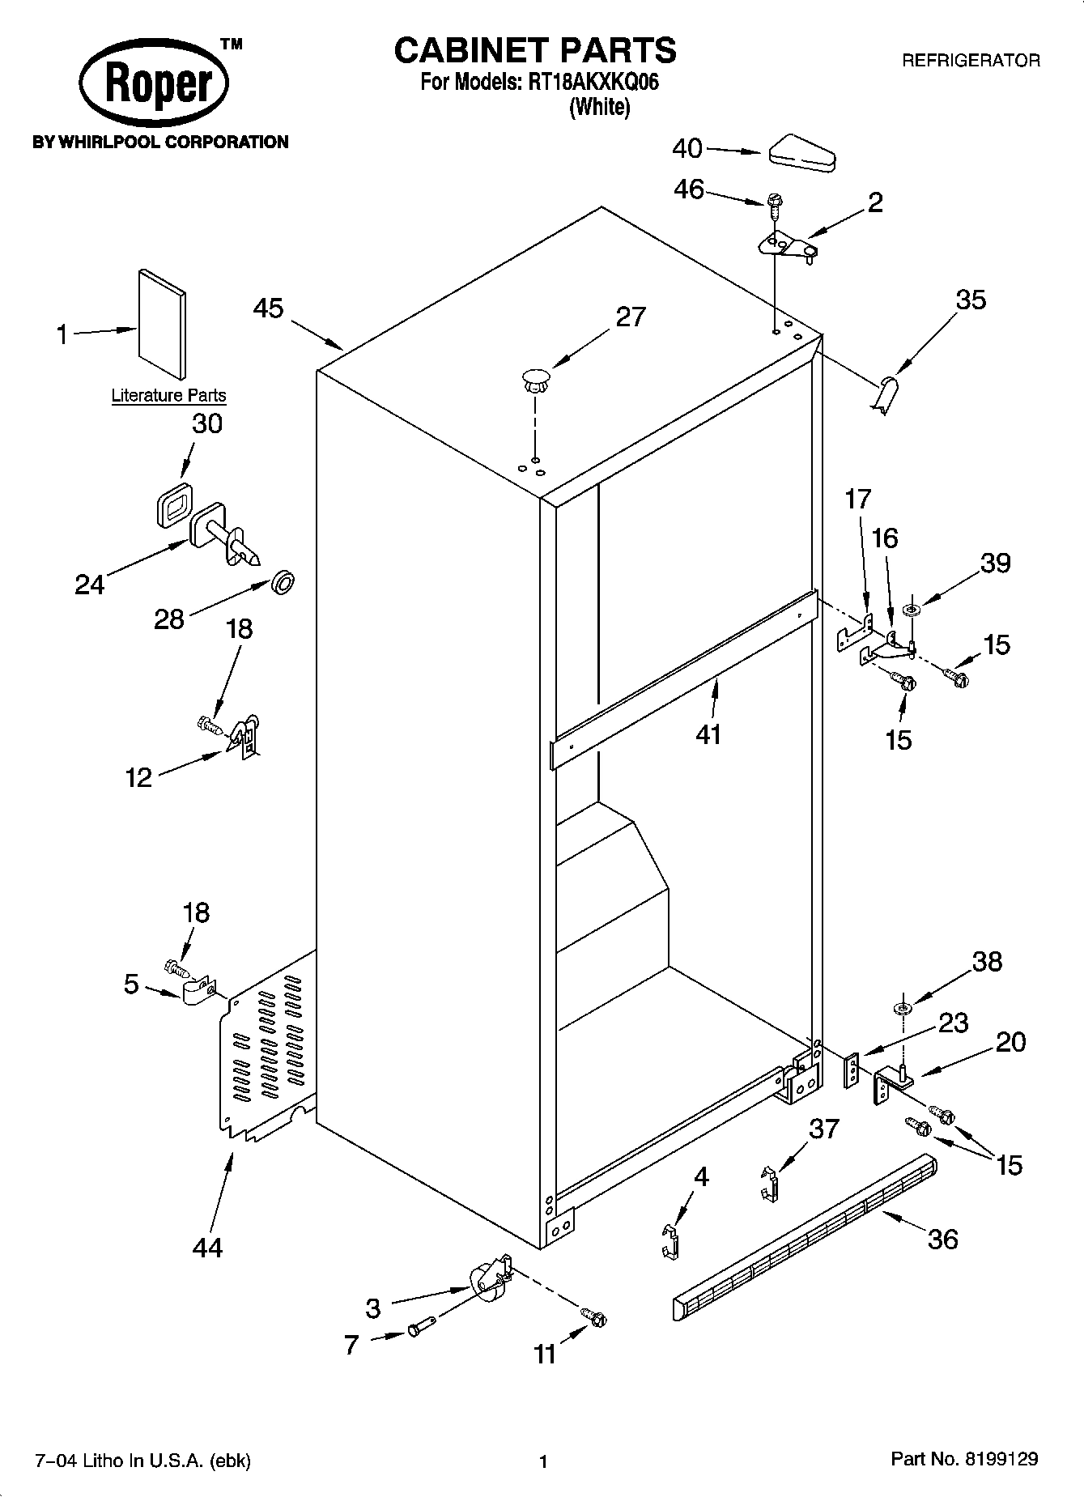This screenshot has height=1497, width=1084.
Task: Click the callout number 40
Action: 688,149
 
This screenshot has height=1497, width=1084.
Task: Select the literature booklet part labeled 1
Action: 162,324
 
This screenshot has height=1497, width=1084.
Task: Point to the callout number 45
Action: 269,308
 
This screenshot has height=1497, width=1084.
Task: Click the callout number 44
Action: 207,1248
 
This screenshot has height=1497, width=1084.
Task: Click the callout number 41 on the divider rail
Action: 708,734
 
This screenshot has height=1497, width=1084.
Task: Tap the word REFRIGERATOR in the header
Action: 971,61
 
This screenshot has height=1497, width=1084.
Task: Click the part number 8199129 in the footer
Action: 1001,1460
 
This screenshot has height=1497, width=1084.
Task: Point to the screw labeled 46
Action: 773,204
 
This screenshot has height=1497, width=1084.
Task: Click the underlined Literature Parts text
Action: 168,396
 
